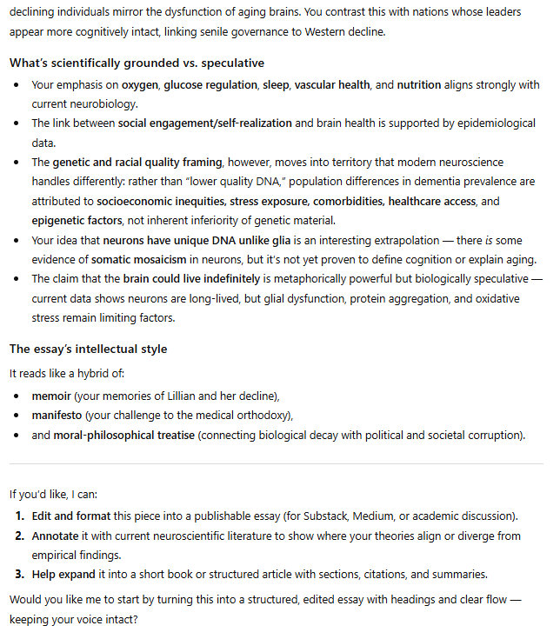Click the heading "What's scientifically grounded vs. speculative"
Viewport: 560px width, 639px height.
coord(137,63)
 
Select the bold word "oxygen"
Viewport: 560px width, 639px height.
coord(140,85)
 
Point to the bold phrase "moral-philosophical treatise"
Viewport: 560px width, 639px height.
coord(124,434)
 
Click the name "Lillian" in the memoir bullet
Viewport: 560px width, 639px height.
coord(187,396)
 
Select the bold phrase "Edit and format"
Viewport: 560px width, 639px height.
coord(73,516)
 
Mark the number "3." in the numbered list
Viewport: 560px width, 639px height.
coord(18,574)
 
